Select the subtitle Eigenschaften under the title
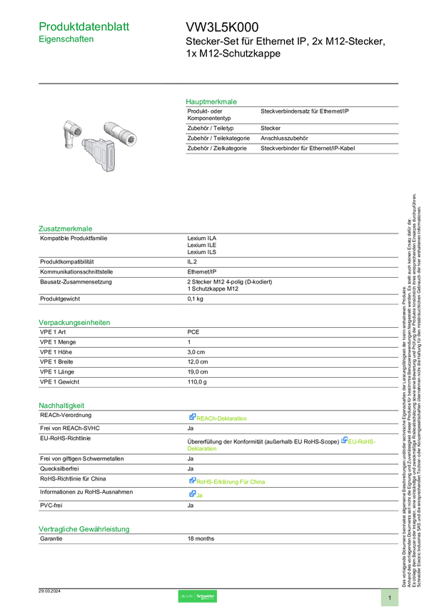coord(66,41)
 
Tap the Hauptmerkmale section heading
coord(211,101)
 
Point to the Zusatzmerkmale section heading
coord(66,229)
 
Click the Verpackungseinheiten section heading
coord(74,322)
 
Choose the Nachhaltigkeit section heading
coord(61,405)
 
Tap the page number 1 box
coord(390,597)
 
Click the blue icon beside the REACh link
coord(192,418)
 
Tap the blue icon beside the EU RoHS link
coord(344,440)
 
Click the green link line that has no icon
coord(202,450)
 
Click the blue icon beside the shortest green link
coord(192,494)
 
